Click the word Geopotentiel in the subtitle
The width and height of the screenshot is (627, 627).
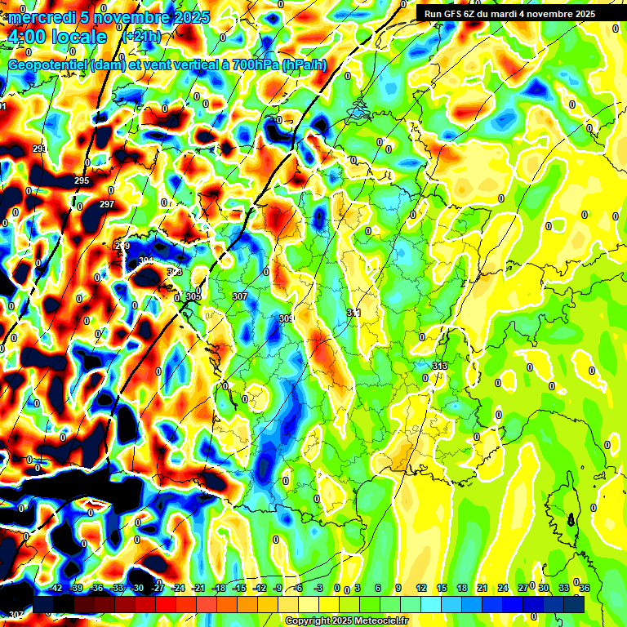point(50,64)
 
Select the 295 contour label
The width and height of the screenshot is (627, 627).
point(82,180)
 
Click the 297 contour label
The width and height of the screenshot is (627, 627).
point(107,204)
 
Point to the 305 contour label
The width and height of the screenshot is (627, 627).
point(193,296)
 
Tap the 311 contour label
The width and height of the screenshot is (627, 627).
point(354,313)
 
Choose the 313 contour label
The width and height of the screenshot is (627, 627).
point(440,365)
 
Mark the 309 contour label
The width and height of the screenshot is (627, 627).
point(286,318)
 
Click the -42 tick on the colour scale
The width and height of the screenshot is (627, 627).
point(56,588)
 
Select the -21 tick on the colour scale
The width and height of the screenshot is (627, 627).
point(198,588)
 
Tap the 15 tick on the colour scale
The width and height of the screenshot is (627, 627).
point(441,588)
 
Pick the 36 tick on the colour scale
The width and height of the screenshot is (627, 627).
point(585,588)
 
